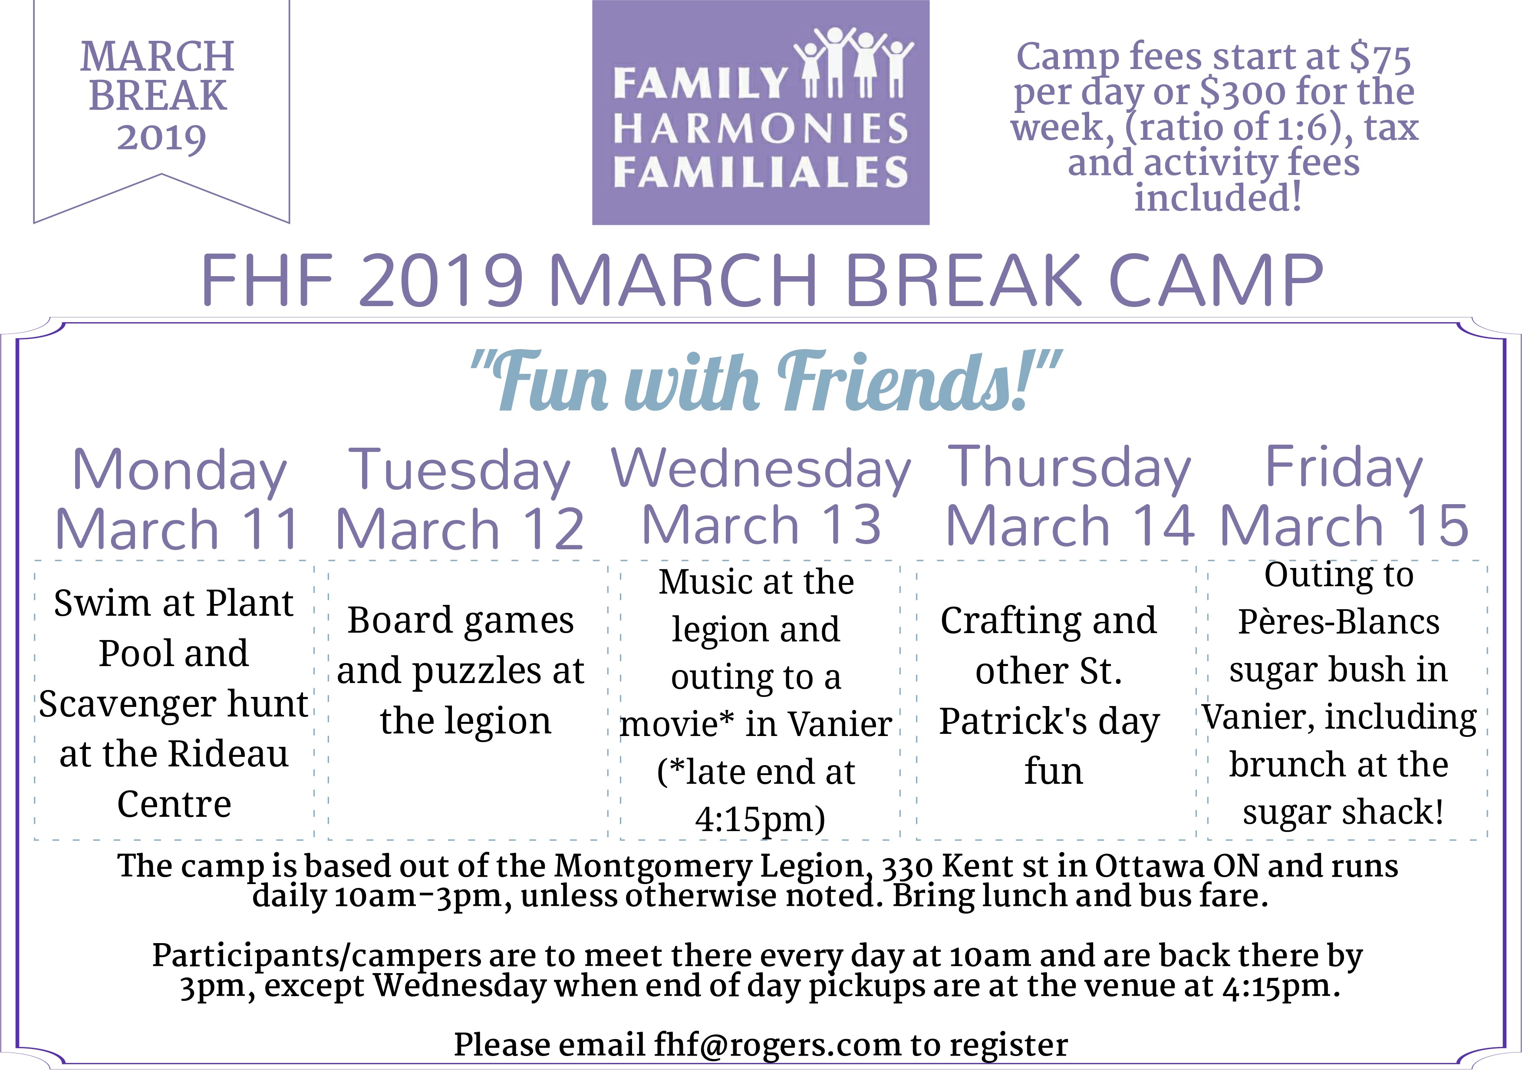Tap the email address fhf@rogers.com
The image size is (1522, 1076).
tap(777, 1045)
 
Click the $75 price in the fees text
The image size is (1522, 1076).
tap(1380, 58)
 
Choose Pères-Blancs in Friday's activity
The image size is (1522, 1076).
tap(1339, 622)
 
